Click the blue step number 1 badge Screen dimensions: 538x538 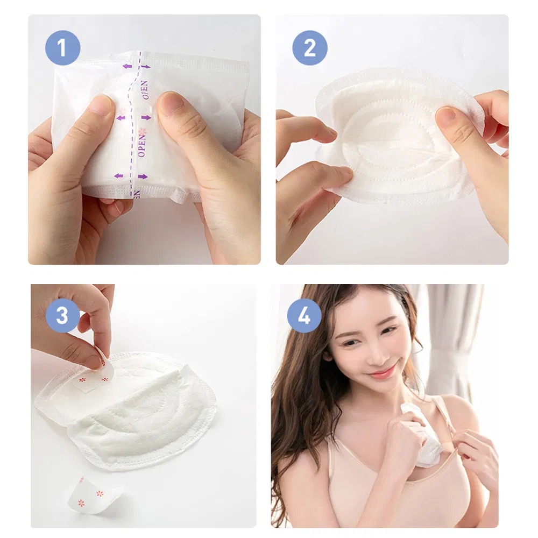62,48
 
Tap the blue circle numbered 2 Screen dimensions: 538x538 310,48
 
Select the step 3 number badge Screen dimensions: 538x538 62,315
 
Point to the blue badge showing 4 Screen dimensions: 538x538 304,315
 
